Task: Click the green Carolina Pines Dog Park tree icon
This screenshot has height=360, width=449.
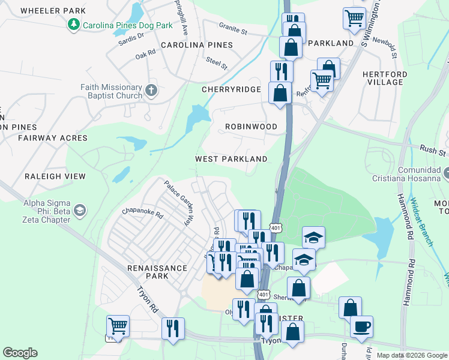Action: pos(73,25)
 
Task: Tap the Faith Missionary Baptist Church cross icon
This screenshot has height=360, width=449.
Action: pos(151,91)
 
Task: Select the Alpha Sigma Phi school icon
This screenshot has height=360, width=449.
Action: pos(80,211)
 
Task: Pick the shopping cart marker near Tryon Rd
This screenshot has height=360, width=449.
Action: pos(118,326)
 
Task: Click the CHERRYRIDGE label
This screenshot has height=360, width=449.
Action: pos(231,89)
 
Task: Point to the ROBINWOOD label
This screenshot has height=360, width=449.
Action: pos(251,127)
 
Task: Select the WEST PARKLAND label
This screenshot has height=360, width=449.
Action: pos(231,159)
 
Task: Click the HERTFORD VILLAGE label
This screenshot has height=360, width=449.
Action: pos(385,78)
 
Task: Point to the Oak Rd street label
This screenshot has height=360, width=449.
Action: pos(145,53)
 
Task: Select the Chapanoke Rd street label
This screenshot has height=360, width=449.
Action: pos(142,213)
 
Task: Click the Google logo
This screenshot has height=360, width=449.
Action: pos(20,353)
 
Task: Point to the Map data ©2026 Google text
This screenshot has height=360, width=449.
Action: pos(411,355)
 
